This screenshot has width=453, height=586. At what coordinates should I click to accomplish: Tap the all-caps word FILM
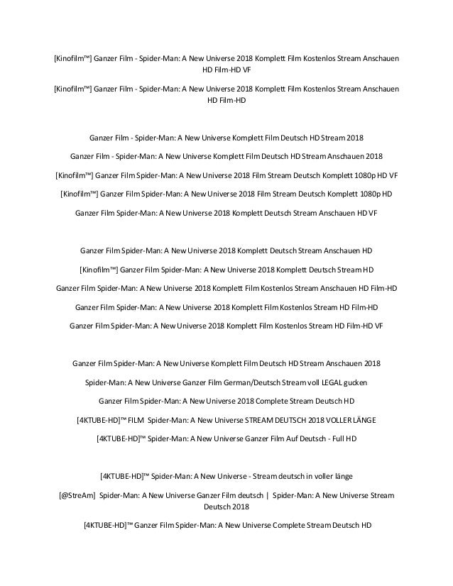[x=136, y=420]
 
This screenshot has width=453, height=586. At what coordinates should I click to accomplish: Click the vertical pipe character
[x=267, y=494]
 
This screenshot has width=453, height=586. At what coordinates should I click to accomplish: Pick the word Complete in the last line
[x=273, y=526]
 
